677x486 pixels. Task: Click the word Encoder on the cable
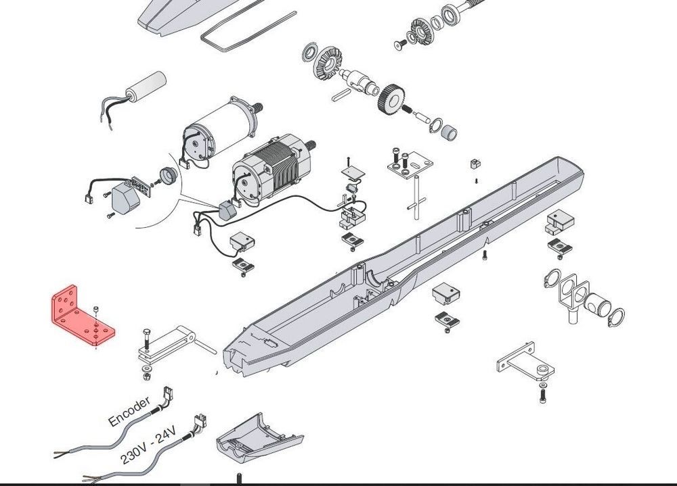click(x=129, y=411)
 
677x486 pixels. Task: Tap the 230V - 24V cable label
click(x=148, y=445)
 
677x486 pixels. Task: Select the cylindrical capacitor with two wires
click(x=146, y=85)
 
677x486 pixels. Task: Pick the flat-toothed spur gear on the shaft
click(x=391, y=98)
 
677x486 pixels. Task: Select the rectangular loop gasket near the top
click(x=249, y=31)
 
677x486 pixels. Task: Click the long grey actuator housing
click(x=401, y=268)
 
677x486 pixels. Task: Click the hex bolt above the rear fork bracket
click(x=146, y=339)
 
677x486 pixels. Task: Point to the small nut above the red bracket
click(x=96, y=309)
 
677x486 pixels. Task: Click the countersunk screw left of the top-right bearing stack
click(x=400, y=43)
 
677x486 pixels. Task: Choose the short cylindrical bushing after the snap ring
click(x=450, y=132)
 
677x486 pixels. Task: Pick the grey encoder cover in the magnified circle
click(x=126, y=198)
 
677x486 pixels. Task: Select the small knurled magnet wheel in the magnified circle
click(x=169, y=176)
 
